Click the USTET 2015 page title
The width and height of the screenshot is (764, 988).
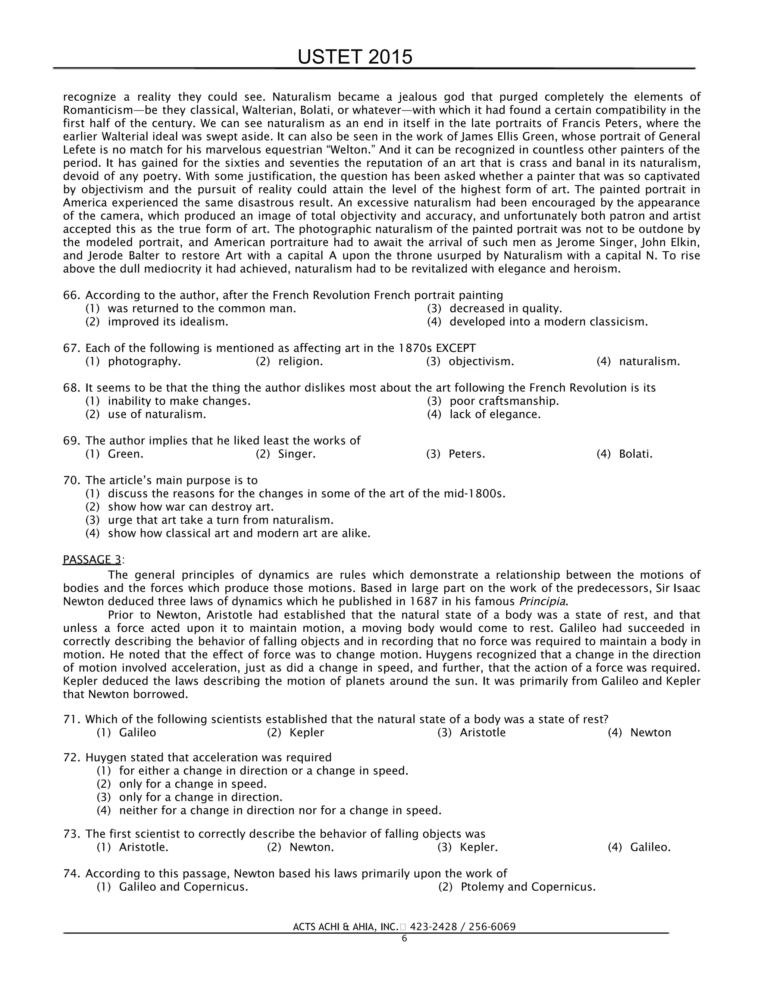tap(355, 57)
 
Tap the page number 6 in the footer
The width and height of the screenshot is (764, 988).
tap(404, 939)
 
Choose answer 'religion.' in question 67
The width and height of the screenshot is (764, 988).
tap(300, 361)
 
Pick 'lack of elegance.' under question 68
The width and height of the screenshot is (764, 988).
tap(495, 414)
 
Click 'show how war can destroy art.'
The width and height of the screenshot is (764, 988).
tap(191, 507)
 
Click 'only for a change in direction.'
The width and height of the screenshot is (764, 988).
tap(200, 797)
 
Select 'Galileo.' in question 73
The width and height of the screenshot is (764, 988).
tap(650, 847)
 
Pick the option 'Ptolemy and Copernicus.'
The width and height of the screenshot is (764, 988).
tap(528, 887)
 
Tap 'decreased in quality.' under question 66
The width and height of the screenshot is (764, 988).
tap(505, 309)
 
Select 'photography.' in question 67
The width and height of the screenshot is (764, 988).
tap(144, 361)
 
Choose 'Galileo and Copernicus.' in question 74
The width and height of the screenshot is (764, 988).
tap(183, 887)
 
